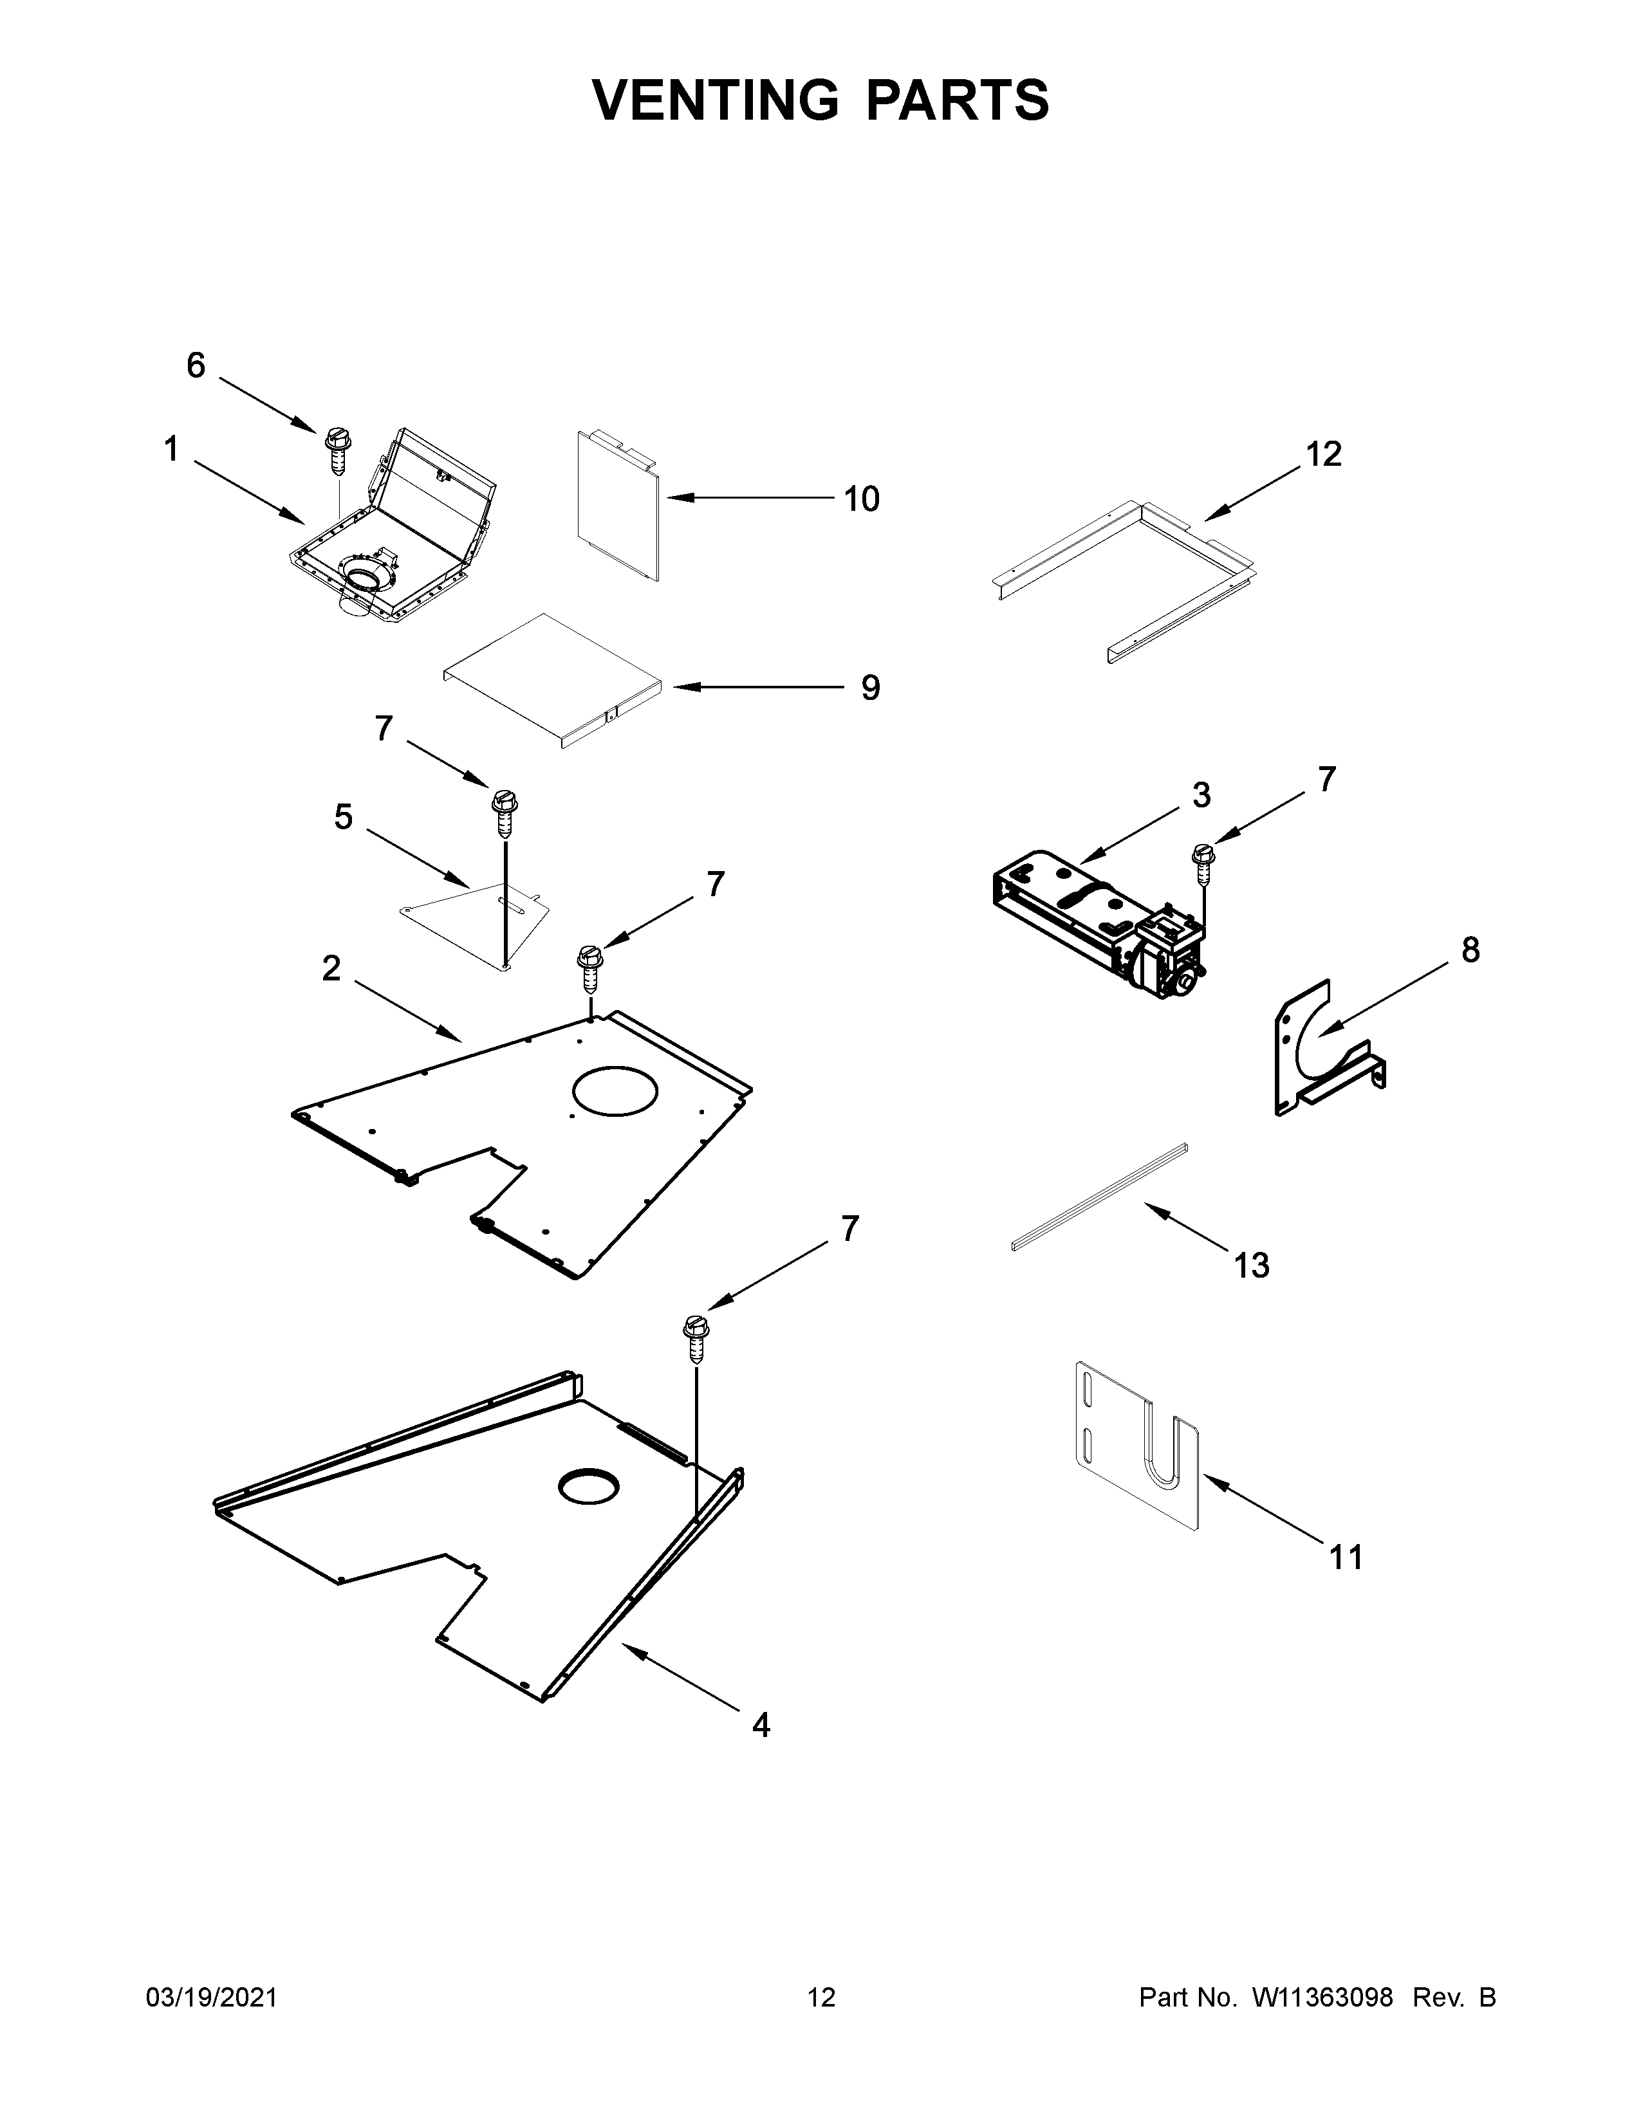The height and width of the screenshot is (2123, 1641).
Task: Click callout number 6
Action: point(196,365)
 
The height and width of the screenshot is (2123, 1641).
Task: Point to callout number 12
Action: point(1323,454)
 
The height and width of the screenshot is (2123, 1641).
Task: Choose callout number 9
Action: point(870,688)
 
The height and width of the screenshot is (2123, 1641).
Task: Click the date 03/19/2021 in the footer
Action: point(211,1998)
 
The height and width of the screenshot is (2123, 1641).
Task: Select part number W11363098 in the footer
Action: point(1322,1998)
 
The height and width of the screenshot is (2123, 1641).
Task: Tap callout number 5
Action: point(343,818)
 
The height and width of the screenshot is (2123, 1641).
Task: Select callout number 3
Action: point(1201,795)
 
